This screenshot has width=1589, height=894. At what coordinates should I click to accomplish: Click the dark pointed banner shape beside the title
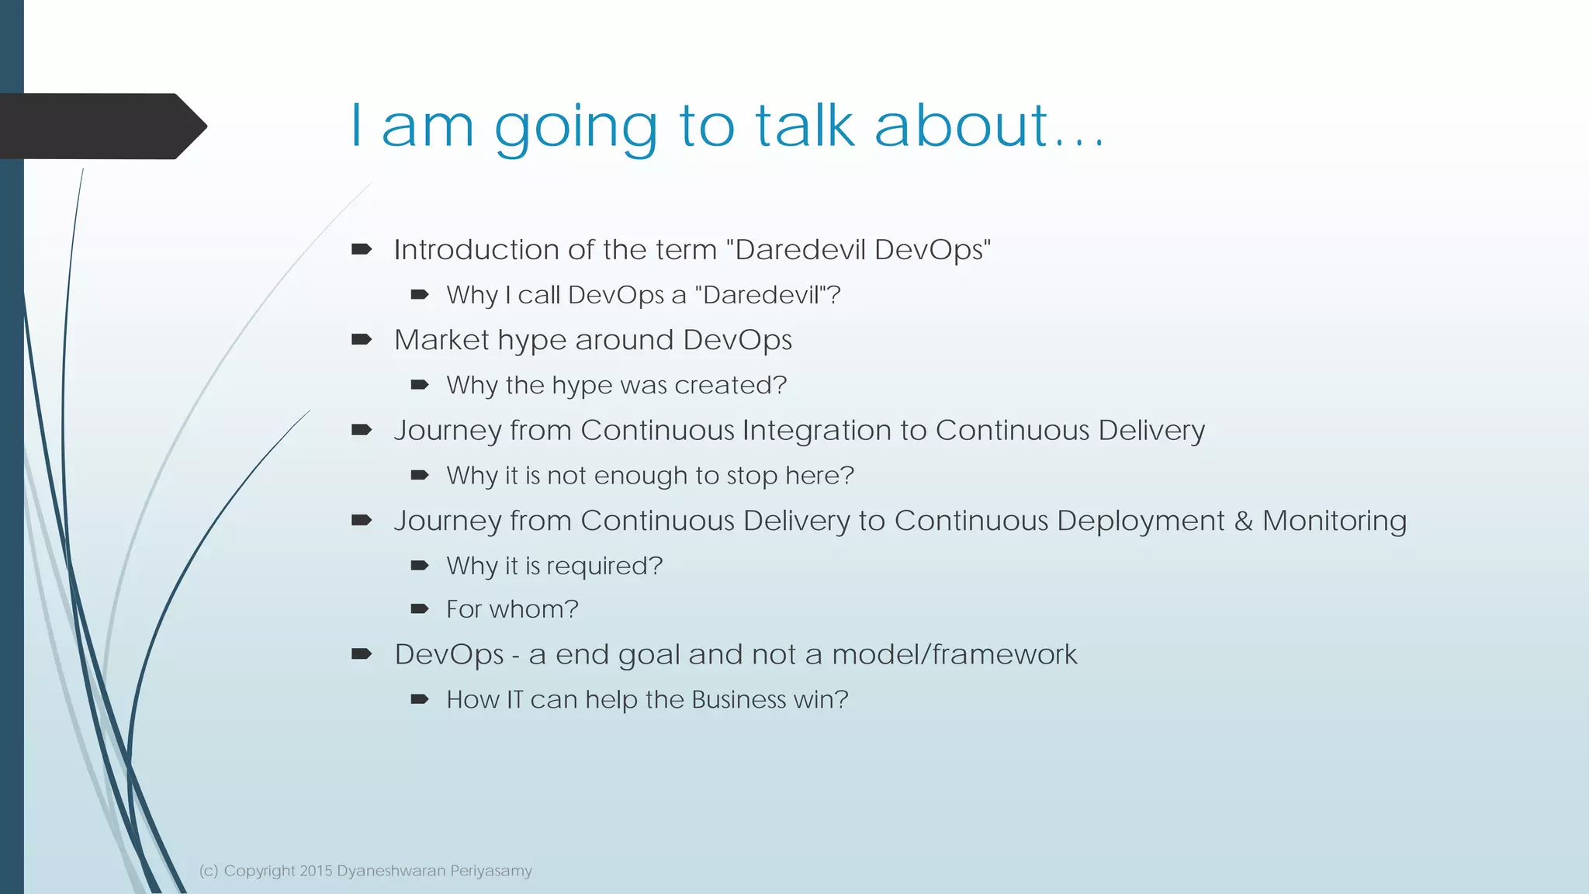tap(101, 126)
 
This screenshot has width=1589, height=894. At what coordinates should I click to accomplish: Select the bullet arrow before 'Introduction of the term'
tap(362, 249)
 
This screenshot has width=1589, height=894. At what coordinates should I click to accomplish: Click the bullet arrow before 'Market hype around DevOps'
tap(362, 339)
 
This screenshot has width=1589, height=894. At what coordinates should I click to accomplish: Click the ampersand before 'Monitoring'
tap(1244, 521)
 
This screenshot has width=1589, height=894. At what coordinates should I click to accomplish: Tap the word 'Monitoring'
tap(1335, 521)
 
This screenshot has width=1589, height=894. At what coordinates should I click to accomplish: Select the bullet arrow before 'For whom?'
tap(420, 609)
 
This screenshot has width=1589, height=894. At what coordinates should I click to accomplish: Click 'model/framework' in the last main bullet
tap(954, 654)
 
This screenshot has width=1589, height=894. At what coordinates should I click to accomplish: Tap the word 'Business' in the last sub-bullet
tap(739, 700)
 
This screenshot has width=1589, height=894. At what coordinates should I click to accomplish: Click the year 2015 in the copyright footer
tap(316, 871)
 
